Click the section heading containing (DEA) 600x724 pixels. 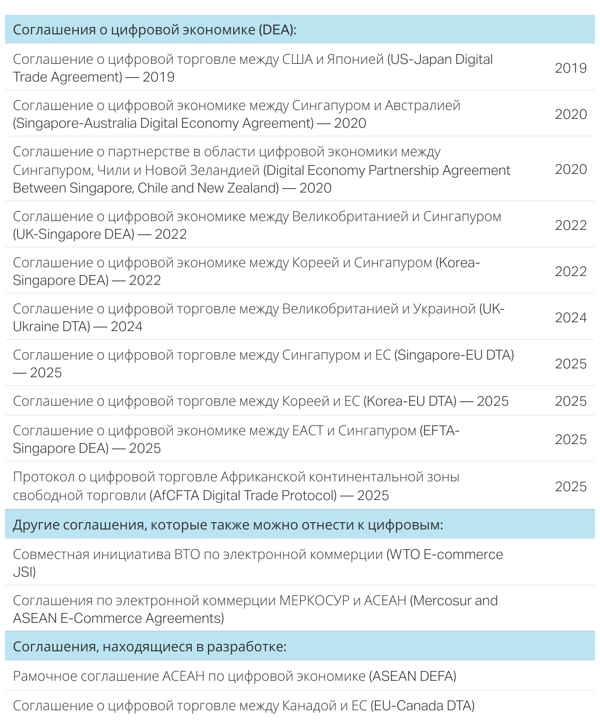[x=154, y=30]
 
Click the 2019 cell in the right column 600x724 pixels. [x=570, y=68]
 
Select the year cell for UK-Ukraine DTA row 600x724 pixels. [x=570, y=318]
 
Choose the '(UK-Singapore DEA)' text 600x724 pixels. [x=74, y=234]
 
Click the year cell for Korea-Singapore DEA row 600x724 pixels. [x=570, y=272]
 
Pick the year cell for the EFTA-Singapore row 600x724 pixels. [x=570, y=440]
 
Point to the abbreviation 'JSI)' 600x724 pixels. [x=24, y=572]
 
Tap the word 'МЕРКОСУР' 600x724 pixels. [x=314, y=601]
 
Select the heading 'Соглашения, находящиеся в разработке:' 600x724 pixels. [x=150, y=647]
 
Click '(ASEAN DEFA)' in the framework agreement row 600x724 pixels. [x=413, y=676]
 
